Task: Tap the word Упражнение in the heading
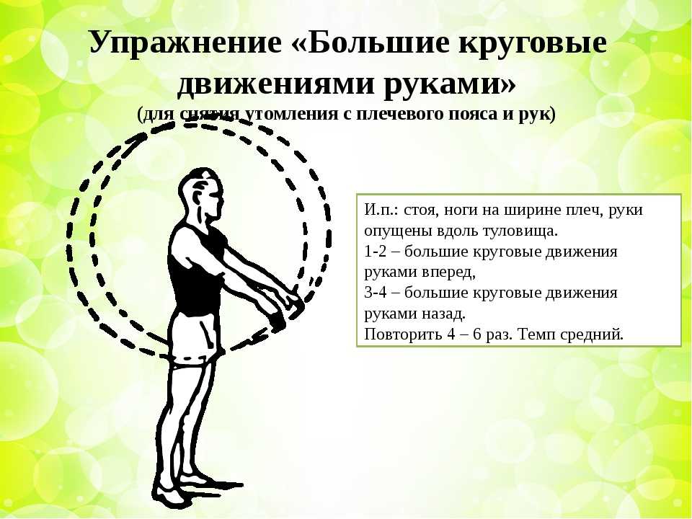coord(185,43)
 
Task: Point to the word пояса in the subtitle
coord(473,115)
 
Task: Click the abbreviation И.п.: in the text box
coord(382,209)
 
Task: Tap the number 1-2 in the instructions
coord(374,251)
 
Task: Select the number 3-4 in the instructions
coord(374,293)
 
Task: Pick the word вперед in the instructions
coord(448,272)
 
